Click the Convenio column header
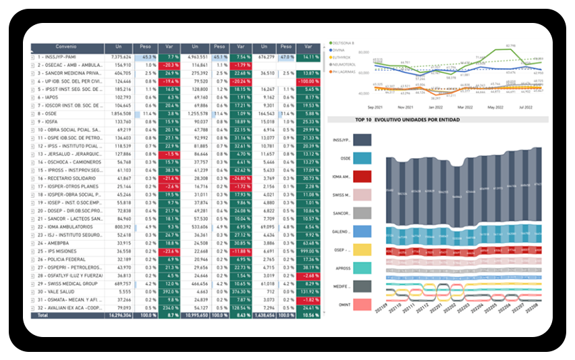(x=67, y=48)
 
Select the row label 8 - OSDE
(x=48, y=113)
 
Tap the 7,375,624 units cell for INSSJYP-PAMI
(x=119, y=57)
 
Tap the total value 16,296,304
(x=118, y=315)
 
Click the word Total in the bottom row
(x=43, y=315)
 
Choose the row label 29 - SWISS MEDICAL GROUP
(x=67, y=283)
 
